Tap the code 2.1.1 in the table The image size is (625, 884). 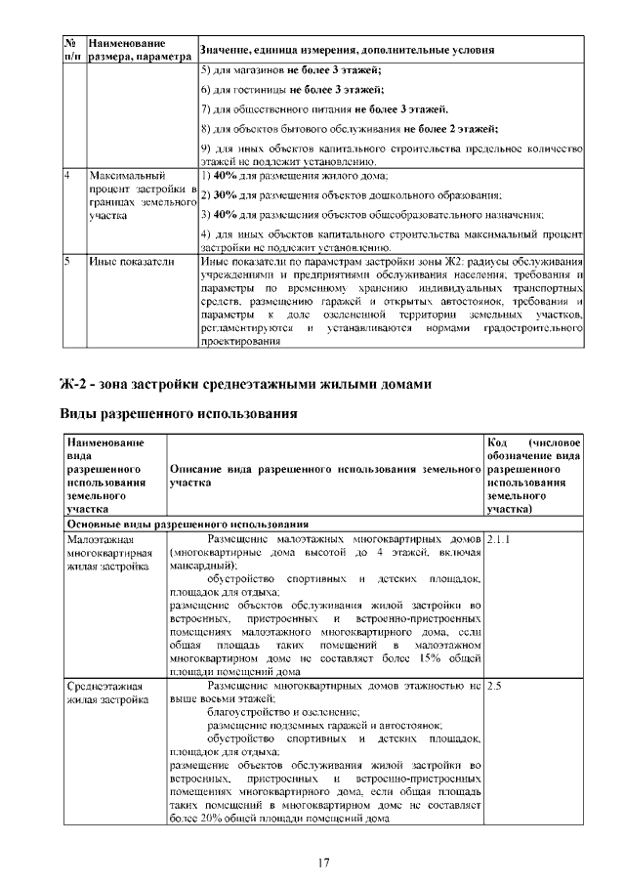498,538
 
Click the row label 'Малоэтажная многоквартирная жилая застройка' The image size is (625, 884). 106,552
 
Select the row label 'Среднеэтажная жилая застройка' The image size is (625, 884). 107,694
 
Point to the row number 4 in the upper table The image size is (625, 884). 67,176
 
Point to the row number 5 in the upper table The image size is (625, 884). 67,262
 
